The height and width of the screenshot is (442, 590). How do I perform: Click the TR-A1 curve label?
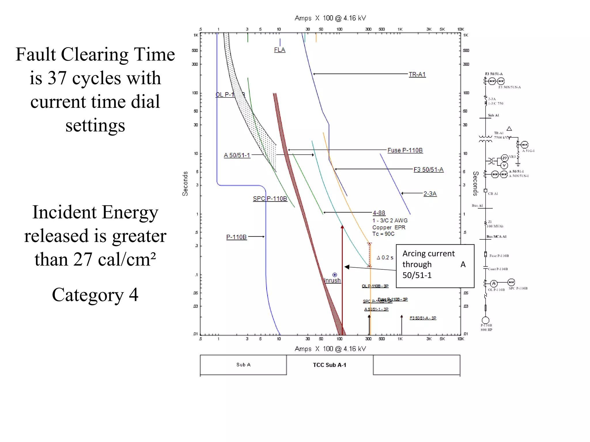click(x=417, y=74)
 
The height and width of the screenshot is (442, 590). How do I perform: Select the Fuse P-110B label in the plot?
click(x=405, y=150)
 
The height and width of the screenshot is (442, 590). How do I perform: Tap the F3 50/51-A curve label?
click(x=428, y=169)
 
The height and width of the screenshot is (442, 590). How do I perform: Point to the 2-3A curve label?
click(x=430, y=194)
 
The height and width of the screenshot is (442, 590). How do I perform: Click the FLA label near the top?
click(x=279, y=50)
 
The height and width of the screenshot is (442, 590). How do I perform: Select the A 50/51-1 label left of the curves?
click(x=237, y=155)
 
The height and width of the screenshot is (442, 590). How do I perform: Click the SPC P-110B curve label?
click(x=270, y=199)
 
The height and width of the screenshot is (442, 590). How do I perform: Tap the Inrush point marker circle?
click(x=334, y=275)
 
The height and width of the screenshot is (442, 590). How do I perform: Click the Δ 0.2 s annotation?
click(x=385, y=258)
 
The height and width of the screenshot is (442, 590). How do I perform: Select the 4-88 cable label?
click(x=379, y=213)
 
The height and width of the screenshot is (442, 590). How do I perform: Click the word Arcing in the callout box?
click(x=415, y=254)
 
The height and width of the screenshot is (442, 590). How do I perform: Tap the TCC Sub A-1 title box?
click(x=330, y=365)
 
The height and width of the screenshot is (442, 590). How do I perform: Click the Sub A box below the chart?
click(x=243, y=365)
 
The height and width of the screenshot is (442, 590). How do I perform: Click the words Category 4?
click(x=95, y=295)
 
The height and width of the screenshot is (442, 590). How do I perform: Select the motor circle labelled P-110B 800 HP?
click(x=485, y=320)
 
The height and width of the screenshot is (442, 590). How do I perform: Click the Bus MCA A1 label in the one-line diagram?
click(x=496, y=237)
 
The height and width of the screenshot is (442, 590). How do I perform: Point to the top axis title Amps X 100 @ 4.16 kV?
click(x=330, y=18)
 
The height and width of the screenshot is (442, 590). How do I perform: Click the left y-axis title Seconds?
click(x=185, y=184)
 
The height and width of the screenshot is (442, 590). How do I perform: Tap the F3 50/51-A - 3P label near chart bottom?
click(x=423, y=318)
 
